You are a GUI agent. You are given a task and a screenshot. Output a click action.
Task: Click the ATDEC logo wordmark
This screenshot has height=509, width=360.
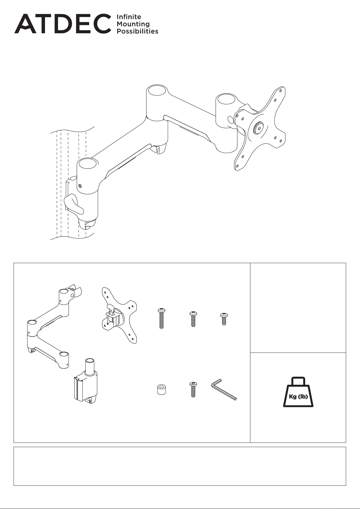[x=63, y=24]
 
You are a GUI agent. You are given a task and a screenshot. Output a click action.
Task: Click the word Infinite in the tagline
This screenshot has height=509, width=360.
[x=129, y=17]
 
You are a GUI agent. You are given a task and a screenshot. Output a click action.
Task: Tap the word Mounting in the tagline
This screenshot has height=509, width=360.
[x=133, y=24]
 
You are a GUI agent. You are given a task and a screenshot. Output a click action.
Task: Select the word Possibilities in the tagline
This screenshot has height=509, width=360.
[x=137, y=31]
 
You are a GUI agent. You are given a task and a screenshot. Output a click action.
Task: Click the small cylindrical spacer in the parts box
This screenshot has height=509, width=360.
[x=161, y=389]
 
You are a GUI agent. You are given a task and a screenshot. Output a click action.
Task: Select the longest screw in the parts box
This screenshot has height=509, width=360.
[x=161, y=318]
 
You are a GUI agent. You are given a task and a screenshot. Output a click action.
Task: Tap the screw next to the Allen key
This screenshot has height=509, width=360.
[x=193, y=389]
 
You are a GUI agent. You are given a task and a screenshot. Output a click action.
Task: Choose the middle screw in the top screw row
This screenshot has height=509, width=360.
[x=193, y=319]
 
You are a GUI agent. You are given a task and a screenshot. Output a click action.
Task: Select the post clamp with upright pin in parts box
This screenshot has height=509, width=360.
[x=86, y=384]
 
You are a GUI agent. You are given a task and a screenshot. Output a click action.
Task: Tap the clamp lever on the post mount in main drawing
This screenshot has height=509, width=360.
[x=74, y=204]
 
